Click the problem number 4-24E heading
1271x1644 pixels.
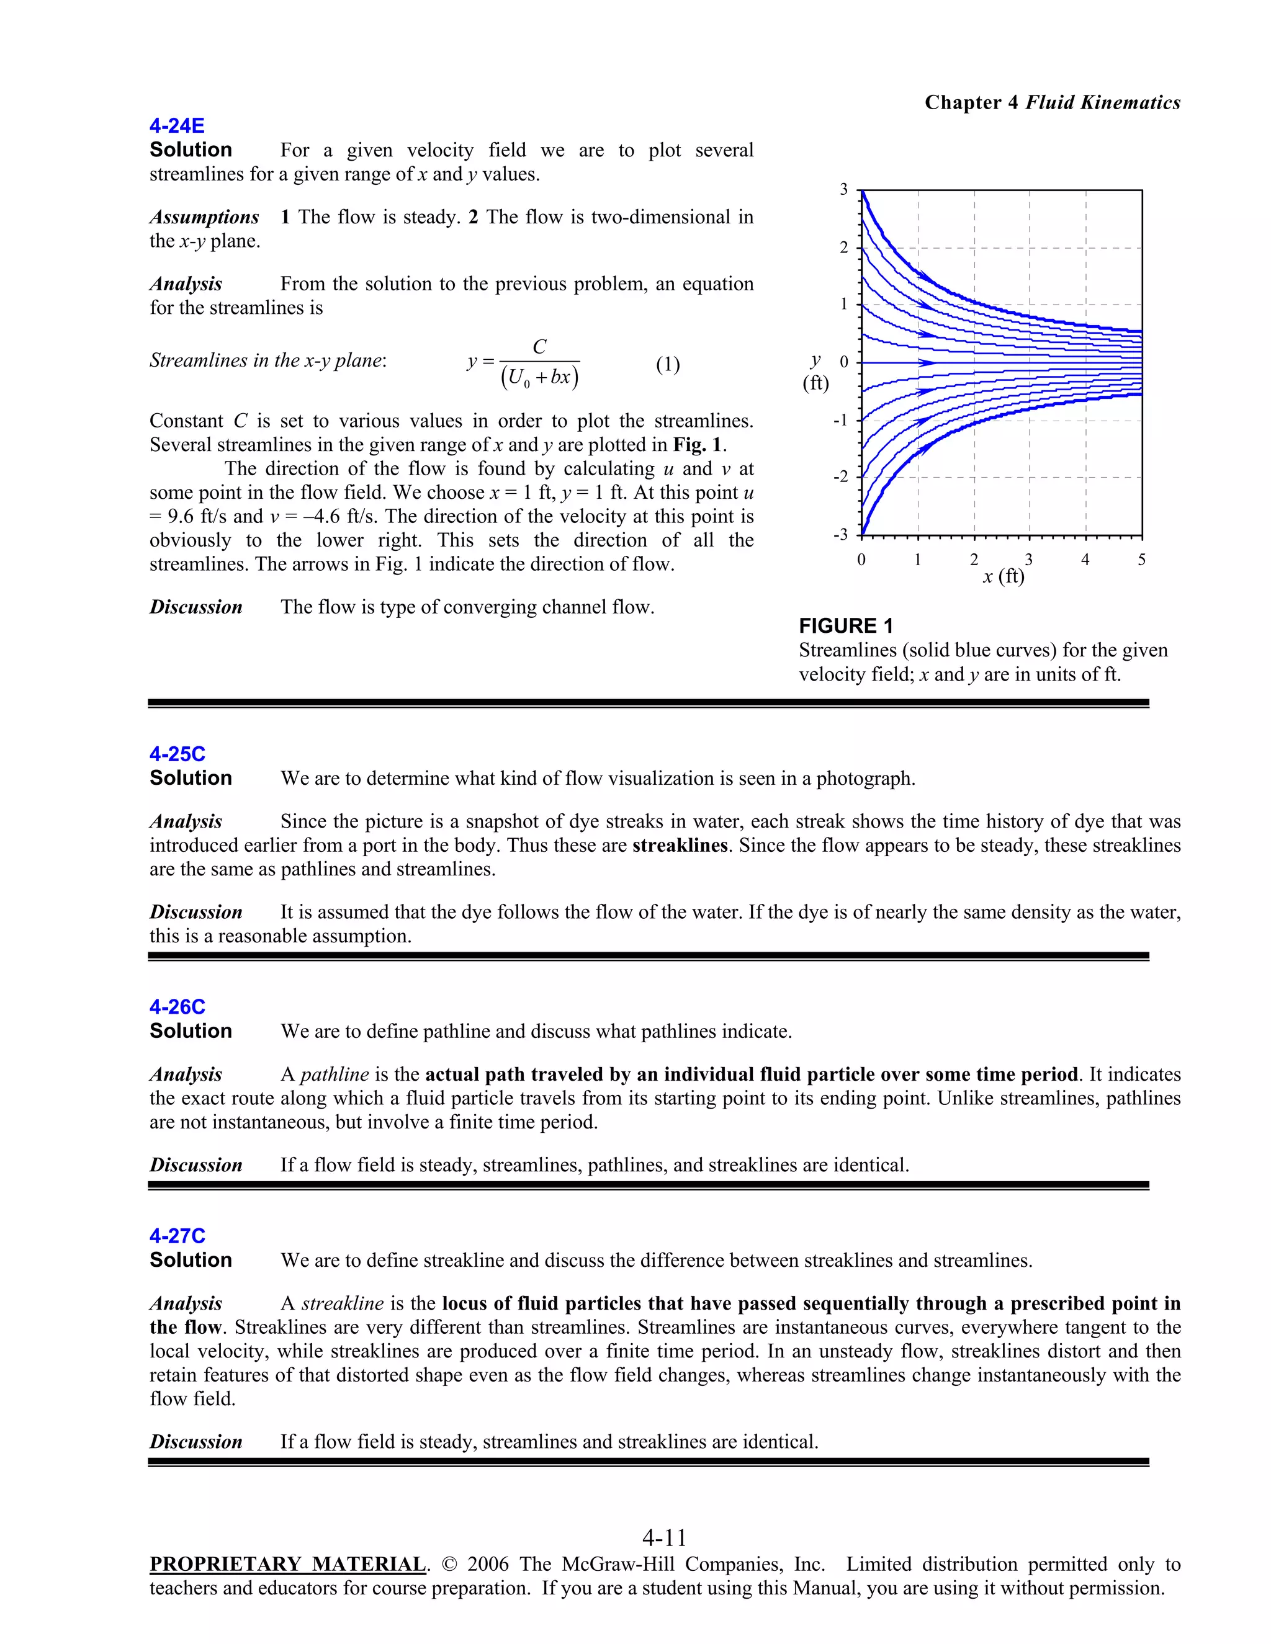(177, 126)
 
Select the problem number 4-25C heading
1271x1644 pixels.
(177, 754)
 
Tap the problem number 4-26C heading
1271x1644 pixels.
(177, 1007)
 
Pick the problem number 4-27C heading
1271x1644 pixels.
(177, 1236)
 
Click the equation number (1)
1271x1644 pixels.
(667, 365)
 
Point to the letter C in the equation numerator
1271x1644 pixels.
(539, 347)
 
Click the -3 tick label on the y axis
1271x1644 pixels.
(840, 534)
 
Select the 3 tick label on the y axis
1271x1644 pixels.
(844, 190)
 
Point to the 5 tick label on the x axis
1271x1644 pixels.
(1141, 560)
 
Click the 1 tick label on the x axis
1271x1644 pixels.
(917, 560)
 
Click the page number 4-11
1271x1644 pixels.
(664, 1537)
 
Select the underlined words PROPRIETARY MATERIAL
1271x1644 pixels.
(287, 1564)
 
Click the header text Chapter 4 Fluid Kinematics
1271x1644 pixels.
(1052, 102)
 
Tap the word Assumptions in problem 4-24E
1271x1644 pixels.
(204, 218)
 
